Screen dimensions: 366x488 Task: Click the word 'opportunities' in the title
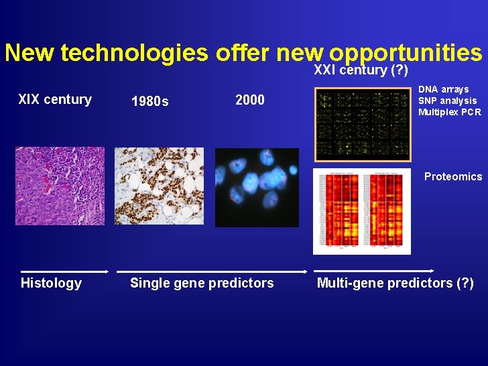click(x=406, y=54)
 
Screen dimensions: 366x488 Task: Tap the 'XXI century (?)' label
click(x=361, y=70)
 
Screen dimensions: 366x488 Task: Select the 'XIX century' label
click(x=55, y=100)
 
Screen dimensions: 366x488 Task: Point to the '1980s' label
click(x=150, y=102)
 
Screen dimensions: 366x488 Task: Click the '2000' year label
click(x=250, y=101)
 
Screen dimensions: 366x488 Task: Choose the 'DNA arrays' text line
click(x=443, y=89)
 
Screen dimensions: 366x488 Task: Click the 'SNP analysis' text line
click(x=447, y=101)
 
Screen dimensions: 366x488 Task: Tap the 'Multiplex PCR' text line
click(x=449, y=112)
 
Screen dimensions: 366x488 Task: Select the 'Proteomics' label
click(x=452, y=177)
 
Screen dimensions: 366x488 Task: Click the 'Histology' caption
click(x=51, y=283)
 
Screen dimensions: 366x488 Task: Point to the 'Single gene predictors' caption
click(x=202, y=283)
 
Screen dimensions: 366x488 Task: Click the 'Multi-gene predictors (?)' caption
click(x=395, y=283)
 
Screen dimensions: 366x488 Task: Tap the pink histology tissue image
click(x=60, y=186)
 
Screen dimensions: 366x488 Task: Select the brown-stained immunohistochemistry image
click(x=159, y=186)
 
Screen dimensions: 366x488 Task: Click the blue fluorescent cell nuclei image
click(x=257, y=187)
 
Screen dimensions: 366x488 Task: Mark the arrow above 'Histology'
click(x=64, y=271)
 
